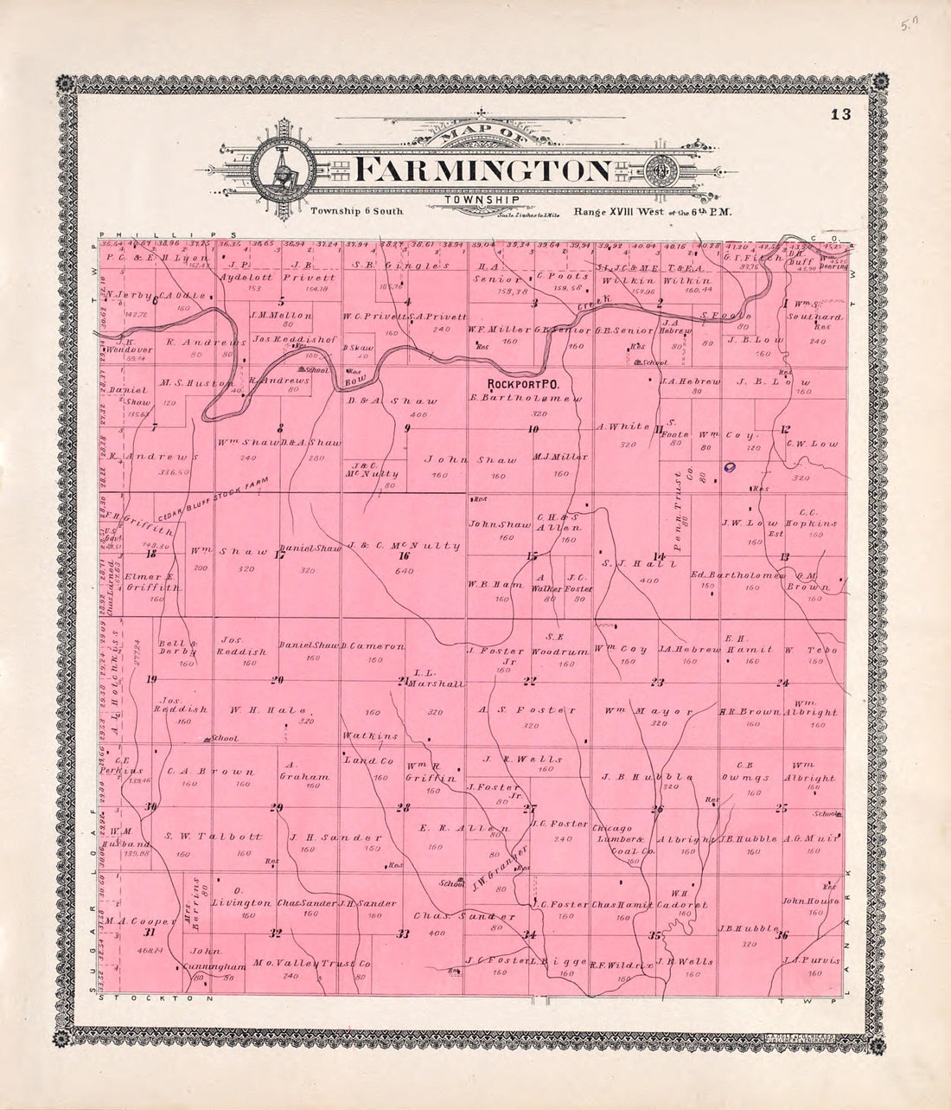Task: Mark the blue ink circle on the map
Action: tap(730, 467)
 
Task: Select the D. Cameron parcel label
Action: tap(373, 645)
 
